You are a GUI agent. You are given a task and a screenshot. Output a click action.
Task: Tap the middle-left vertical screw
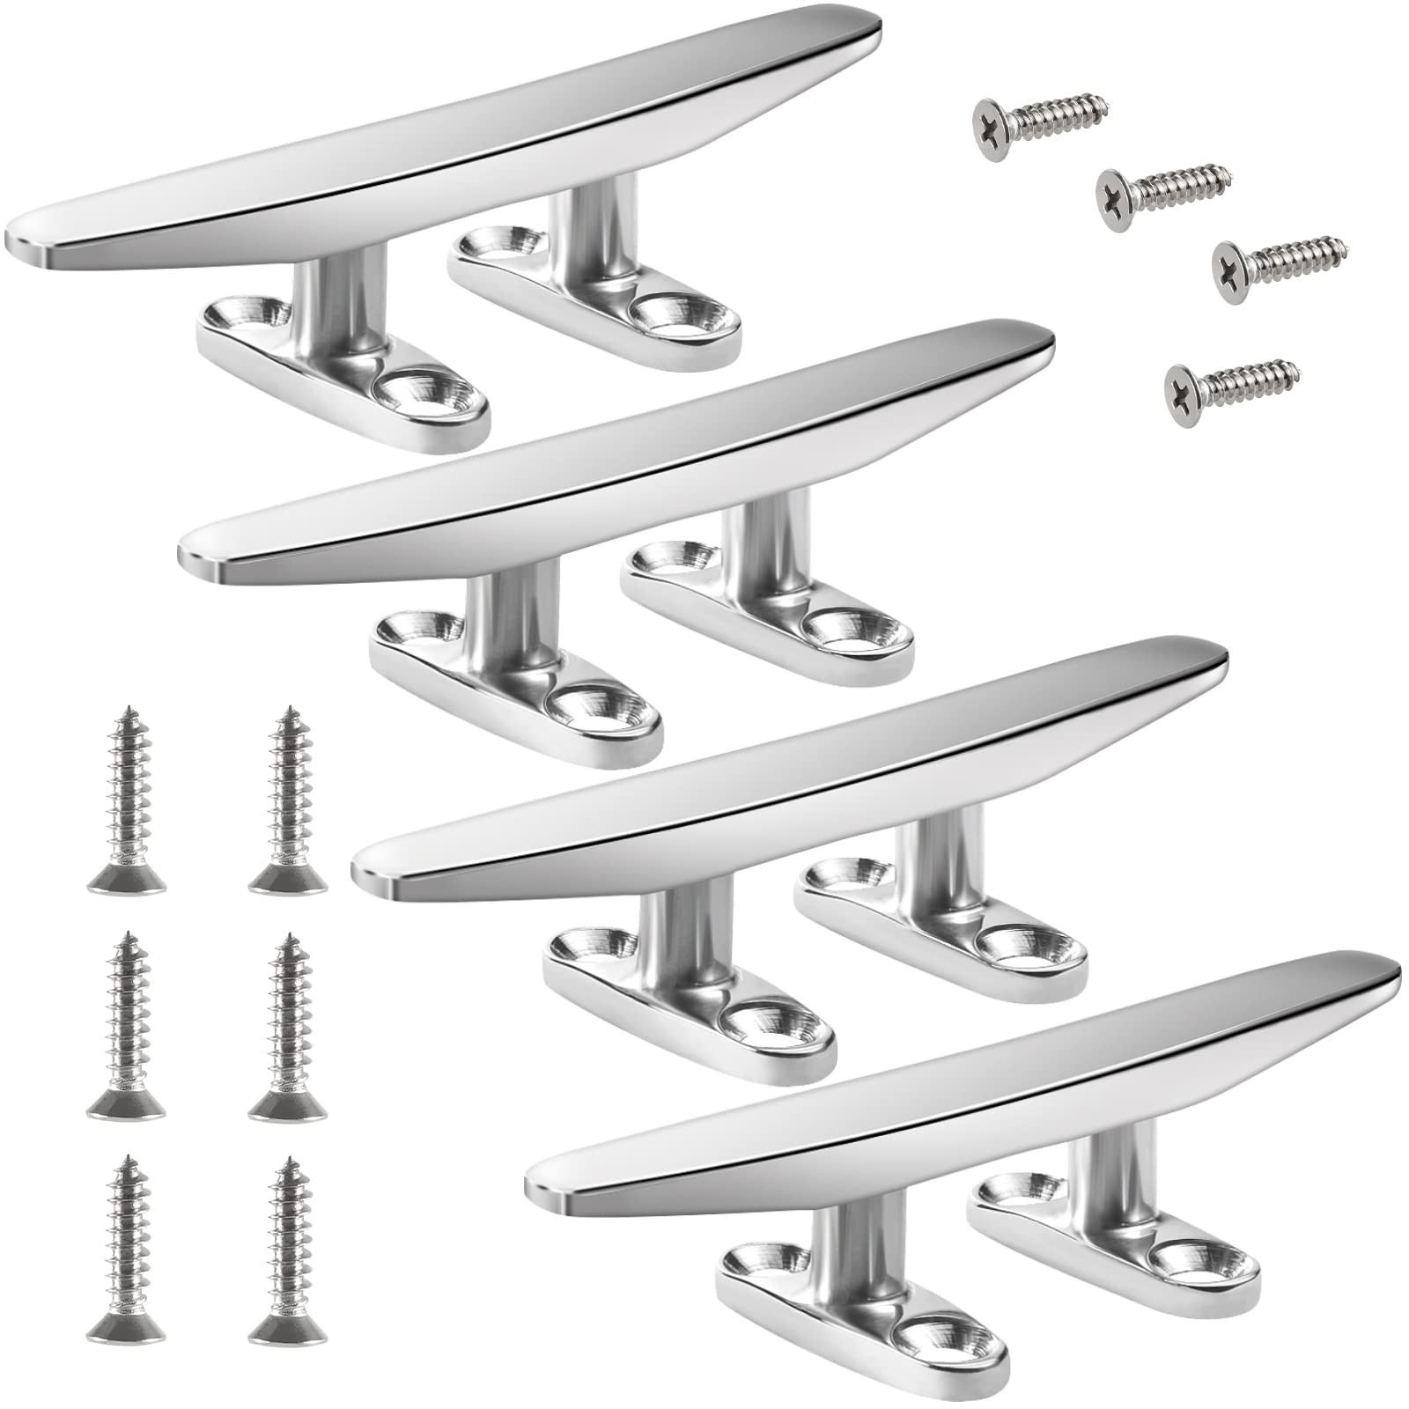click(x=126, y=1029)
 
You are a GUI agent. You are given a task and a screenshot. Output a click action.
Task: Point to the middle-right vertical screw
click(x=288, y=1029)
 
